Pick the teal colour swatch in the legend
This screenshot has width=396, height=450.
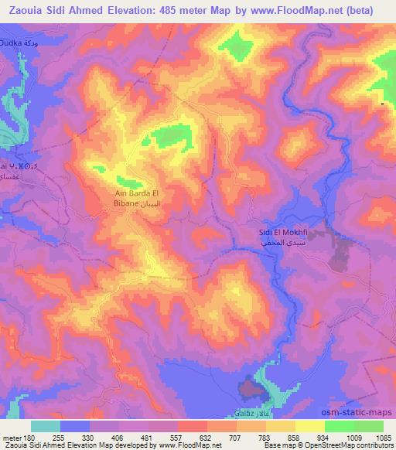[46, 425]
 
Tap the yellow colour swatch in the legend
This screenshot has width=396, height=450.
[310, 425]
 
